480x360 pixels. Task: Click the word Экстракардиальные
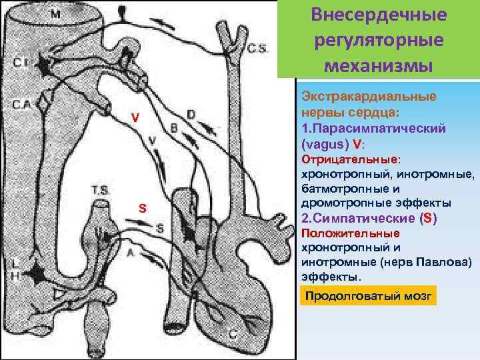click(x=370, y=96)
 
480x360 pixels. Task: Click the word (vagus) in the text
click(x=323, y=143)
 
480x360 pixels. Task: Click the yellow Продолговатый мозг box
click(x=369, y=295)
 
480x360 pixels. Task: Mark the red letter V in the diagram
click(x=135, y=118)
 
